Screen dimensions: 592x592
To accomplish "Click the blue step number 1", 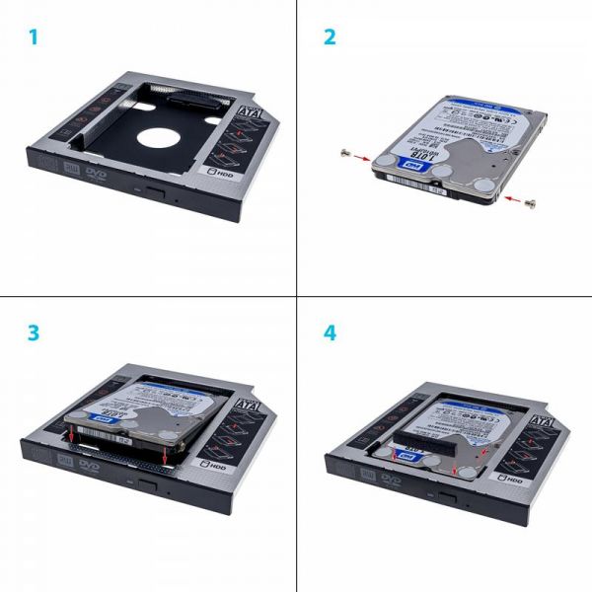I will (34, 38).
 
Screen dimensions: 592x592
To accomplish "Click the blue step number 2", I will (330, 38).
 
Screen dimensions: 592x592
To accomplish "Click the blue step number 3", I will (34, 333).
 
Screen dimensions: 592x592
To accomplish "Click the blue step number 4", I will (330, 333).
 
